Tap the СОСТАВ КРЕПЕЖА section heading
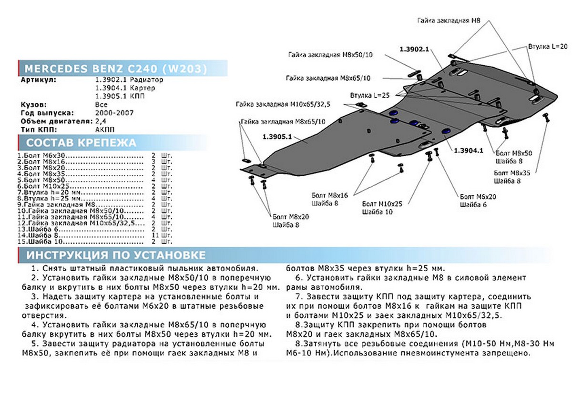pos(81,143)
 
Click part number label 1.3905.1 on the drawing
pos(276,136)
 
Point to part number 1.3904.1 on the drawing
pos(469,151)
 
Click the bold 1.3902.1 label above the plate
pos(414,49)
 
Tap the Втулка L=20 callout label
pos(548,47)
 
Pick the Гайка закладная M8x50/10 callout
pos(330,55)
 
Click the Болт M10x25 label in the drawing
pos(382,203)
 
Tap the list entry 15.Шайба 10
pos(38,242)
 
